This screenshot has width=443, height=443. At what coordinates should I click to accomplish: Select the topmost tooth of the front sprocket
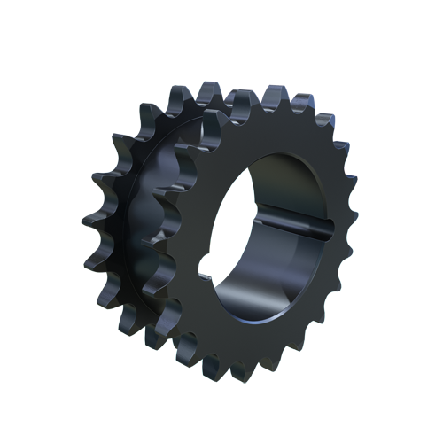click(266, 94)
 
